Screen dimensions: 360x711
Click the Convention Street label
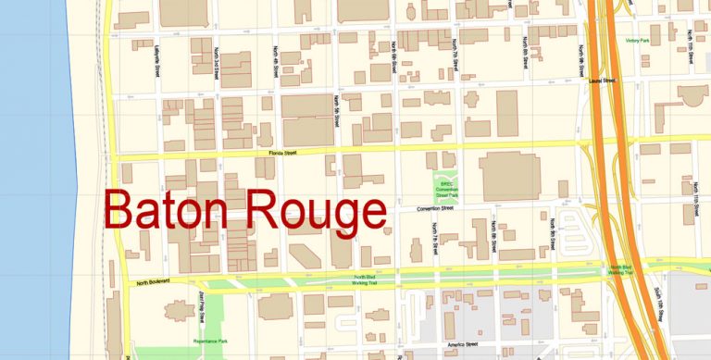(434, 209)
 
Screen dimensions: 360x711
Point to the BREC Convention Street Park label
(448, 190)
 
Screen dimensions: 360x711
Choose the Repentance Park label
(210, 341)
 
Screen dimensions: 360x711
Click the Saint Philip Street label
(201, 307)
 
